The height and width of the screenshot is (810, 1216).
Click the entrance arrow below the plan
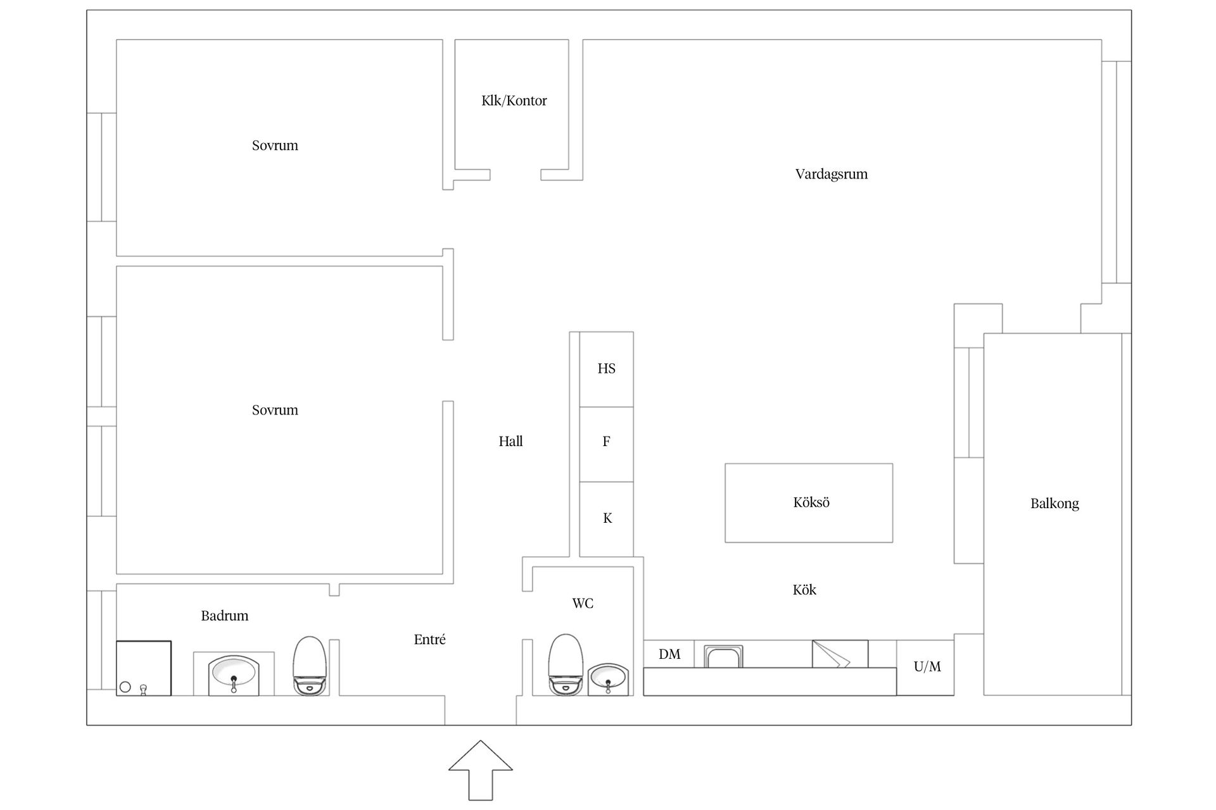[x=481, y=771]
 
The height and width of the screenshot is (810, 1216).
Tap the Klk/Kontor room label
[x=514, y=101]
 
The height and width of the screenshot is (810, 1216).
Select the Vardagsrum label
[x=831, y=174]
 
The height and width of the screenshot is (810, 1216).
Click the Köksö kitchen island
[x=809, y=502]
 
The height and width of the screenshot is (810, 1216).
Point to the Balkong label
[x=1054, y=504]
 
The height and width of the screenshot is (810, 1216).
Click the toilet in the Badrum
[x=310, y=666]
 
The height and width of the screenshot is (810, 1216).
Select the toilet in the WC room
[x=565, y=664]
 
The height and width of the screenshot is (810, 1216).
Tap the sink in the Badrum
[x=234, y=674]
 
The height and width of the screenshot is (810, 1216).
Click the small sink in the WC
[x=607, y=680]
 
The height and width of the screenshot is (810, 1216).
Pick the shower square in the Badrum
[x=144, y=668]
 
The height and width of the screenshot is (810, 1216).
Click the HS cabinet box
[x=606, y=369]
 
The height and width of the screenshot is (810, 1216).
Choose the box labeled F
[x=606, y=444]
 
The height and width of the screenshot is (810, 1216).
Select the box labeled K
[x=606, y=520]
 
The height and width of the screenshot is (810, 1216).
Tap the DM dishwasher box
[x=669, y=654]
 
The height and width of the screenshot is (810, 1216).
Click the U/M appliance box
[x=925, y=668]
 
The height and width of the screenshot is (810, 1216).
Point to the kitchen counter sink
[x=724, y=657]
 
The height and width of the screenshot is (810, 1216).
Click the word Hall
[x=510, y=442]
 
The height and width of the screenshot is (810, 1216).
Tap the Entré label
[x=429, y=640]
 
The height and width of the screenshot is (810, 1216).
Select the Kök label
[x=804, y=590]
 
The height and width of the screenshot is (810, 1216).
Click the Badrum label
[x=224, y=616]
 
